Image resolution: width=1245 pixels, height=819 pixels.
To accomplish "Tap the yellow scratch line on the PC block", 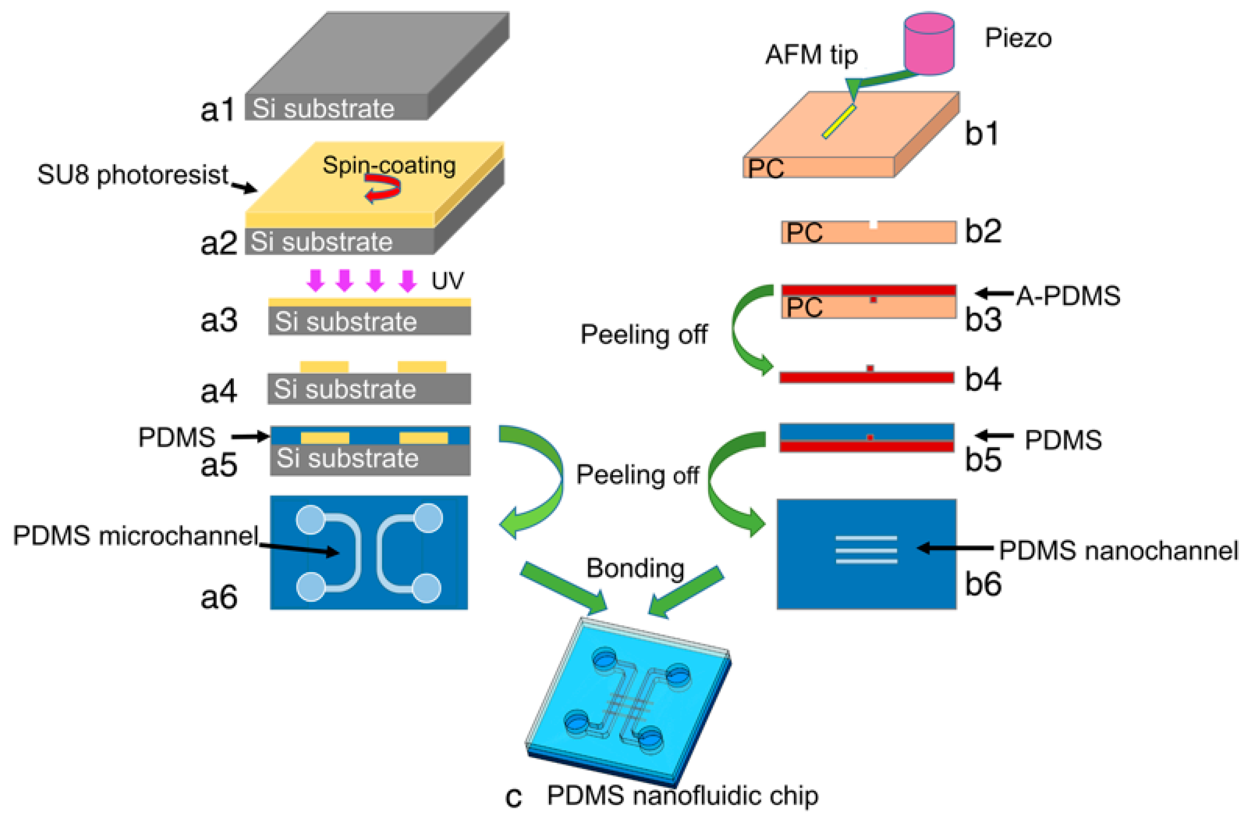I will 839,122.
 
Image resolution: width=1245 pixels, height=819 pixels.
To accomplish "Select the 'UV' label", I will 447,281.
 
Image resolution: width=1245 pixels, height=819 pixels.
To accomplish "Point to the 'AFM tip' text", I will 811,55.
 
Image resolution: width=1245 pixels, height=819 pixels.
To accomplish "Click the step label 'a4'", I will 219,391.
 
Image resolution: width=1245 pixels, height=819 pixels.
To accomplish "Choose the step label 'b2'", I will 983,231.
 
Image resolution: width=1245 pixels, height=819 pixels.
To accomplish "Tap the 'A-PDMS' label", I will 1068,296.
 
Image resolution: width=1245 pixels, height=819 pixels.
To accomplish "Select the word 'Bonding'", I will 635,568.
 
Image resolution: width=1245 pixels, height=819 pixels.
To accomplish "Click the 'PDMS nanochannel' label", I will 1118,550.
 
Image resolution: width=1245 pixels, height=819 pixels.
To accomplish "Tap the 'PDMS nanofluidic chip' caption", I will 683,796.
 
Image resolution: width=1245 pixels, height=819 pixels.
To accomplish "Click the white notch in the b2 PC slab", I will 873,224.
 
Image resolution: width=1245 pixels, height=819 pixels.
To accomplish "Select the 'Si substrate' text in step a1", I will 323,109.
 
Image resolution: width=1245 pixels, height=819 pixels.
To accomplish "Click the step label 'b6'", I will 983,584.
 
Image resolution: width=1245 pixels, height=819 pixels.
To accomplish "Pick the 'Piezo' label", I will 1018,38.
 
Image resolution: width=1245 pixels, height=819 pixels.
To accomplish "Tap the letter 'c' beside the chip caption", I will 514,797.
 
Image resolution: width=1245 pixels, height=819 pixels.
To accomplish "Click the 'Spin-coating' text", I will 389,165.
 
